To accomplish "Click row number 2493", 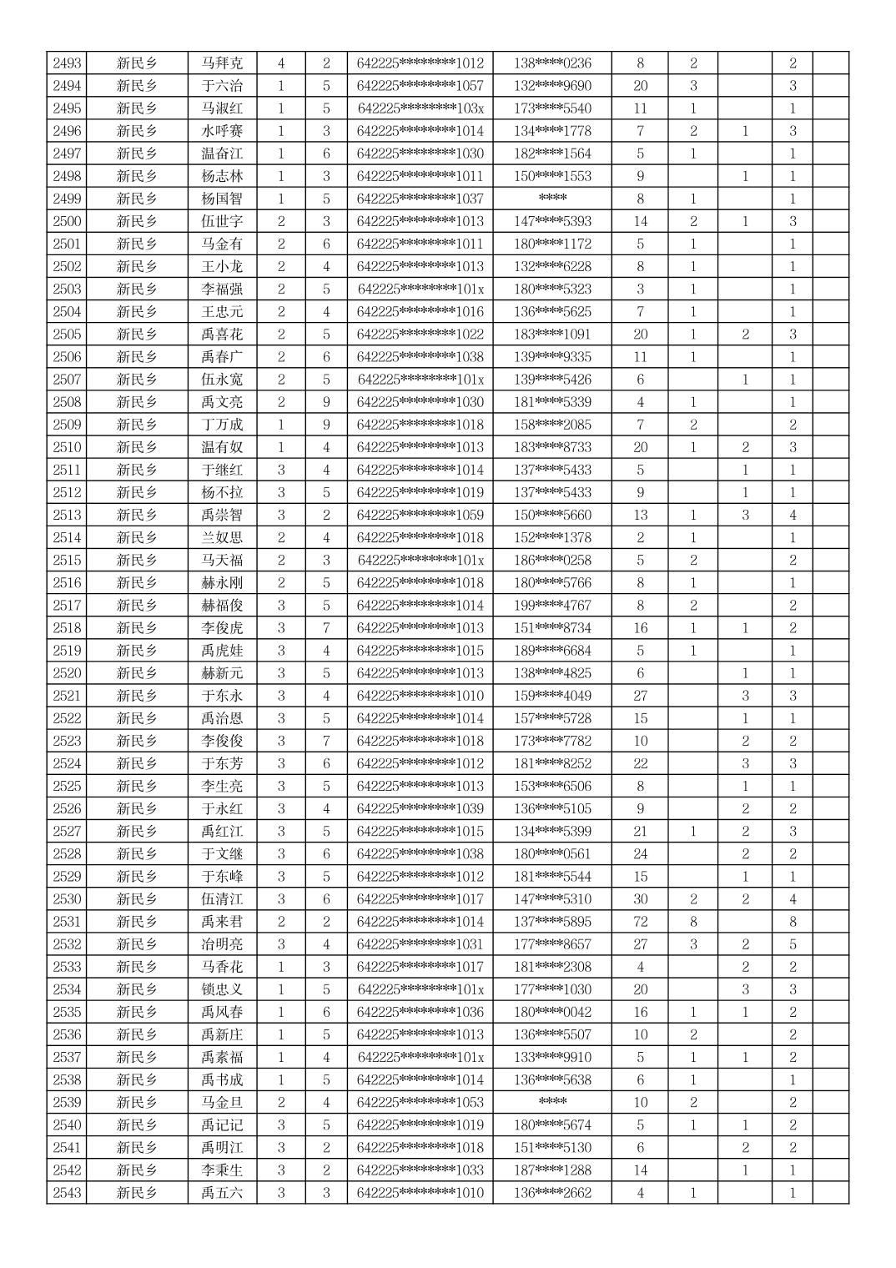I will pyautogui.click(x=67, y=63).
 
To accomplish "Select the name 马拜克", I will pyautogui.click(x=222, y=63).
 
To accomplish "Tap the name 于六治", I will pyautogui.click(x=222, y=86).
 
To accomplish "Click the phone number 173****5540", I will pyautogui.click(x=552, y=108).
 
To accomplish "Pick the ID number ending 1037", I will pyautogui.click(x=420, y=199).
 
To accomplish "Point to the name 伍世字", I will pyautogui.click(x=222, y=221).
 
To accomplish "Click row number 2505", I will pyautogui.click(x=67, y=335).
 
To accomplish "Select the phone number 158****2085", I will pyautogui.click(x=552, y=425).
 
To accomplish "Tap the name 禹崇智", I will pyautogui.click(x=222, y=515).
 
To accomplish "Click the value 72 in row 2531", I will pyautogui.click(x=640, y=922).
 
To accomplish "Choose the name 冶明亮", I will pyautogui.click(x=222, y=944).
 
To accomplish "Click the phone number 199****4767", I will pyautogui.click(x=552, y=606).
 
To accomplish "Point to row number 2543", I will pyautogui.click(x=67, y=1193).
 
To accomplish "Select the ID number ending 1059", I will pyautogui.click(x=420, y=515).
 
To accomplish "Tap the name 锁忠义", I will pyautogui.click(x=222, y=989).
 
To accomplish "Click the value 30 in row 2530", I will pyautogui.click(x=640, y=899).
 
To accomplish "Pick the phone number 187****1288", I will pyautogui.click(x=552, y=1170).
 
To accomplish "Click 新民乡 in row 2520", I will pyautogui.click(x=138, y=673).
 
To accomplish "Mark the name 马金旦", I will pyautogui.click(x=222, y=1103).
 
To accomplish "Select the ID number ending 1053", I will pyautogui.click(x=420, y=1103).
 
